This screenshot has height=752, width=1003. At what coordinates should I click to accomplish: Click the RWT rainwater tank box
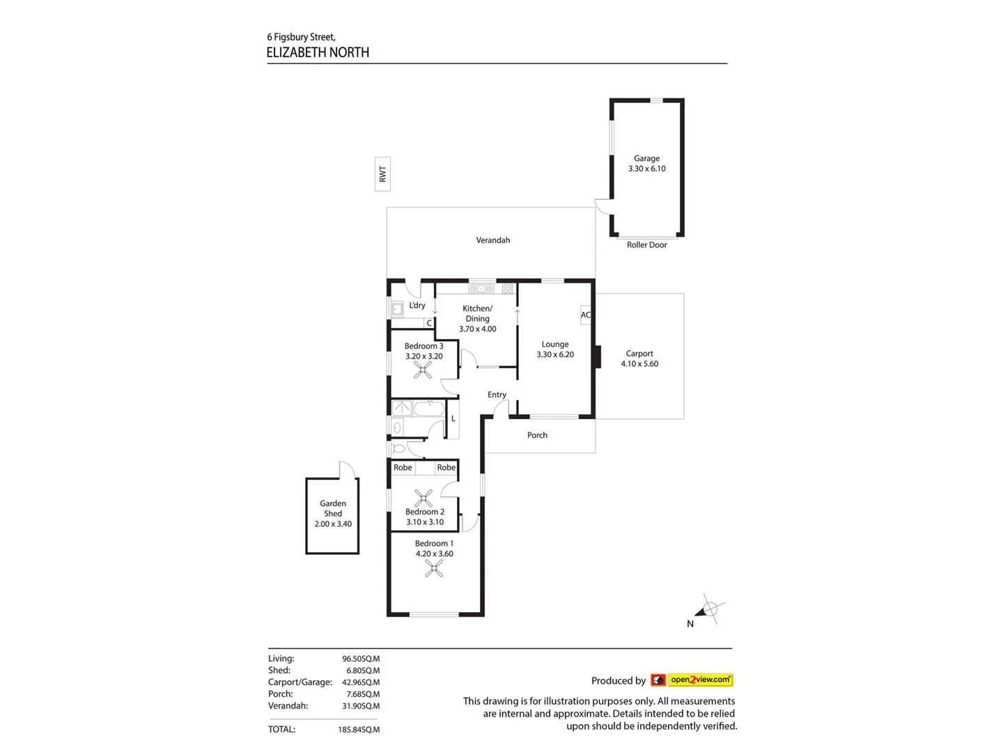point(382,173)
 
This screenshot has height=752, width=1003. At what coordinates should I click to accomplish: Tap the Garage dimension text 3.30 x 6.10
point(646,169)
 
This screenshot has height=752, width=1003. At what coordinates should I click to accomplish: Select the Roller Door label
point(646,245)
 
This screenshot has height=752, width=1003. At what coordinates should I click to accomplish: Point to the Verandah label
point(492,240)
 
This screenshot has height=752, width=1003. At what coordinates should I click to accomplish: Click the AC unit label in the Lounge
point(585,315)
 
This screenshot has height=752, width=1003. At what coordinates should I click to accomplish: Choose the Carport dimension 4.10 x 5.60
point(639,363)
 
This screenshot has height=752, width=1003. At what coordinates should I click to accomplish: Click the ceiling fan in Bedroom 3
point(423,370)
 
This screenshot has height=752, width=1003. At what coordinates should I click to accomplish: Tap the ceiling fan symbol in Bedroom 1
point(434,569)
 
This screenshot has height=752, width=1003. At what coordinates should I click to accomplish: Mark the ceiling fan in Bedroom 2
point(423,497)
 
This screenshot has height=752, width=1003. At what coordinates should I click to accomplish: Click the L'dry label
point(417,306)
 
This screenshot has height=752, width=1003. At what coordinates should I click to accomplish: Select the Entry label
point(497,395)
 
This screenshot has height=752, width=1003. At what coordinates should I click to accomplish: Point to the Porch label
point(537,435)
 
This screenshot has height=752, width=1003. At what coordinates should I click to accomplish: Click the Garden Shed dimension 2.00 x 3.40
point(333,524)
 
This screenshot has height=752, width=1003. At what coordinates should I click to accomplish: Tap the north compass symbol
point(708,611)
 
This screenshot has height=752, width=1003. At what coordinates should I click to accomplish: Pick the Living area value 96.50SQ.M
point(360,659)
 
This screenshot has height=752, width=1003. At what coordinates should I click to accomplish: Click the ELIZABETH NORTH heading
point(318,52)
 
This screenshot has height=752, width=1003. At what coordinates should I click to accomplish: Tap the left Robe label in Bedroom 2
point(403,468)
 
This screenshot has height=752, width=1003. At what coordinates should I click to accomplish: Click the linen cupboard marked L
point(453,418)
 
